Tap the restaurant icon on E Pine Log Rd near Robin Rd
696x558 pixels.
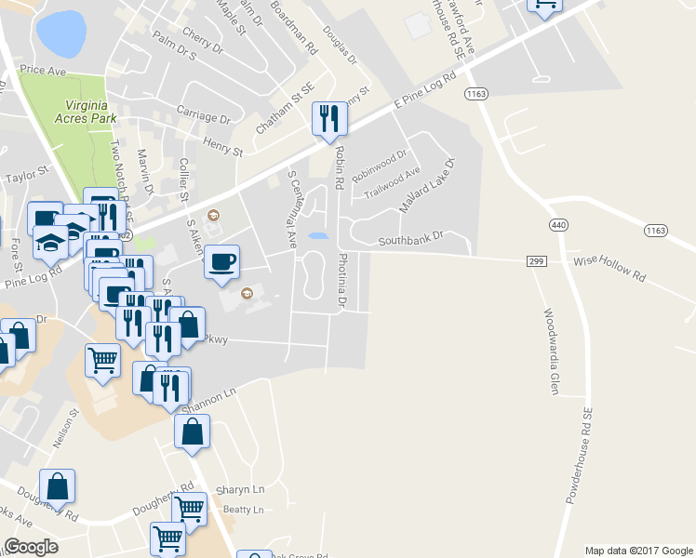click(x=329, y=119)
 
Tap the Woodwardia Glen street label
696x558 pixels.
click(x=550, y=351)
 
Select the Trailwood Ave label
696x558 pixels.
click(x=392, y=180)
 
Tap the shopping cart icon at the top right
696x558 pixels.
click(x=544, y=5)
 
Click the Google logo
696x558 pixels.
click(x=32, y=546)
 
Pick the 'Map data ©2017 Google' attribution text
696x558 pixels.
click(x=638, y=551)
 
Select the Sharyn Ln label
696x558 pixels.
click(x=240, y=489)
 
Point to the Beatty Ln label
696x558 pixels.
click(x=244, y=510)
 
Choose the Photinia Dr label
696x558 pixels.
click(x=342, y=281)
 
